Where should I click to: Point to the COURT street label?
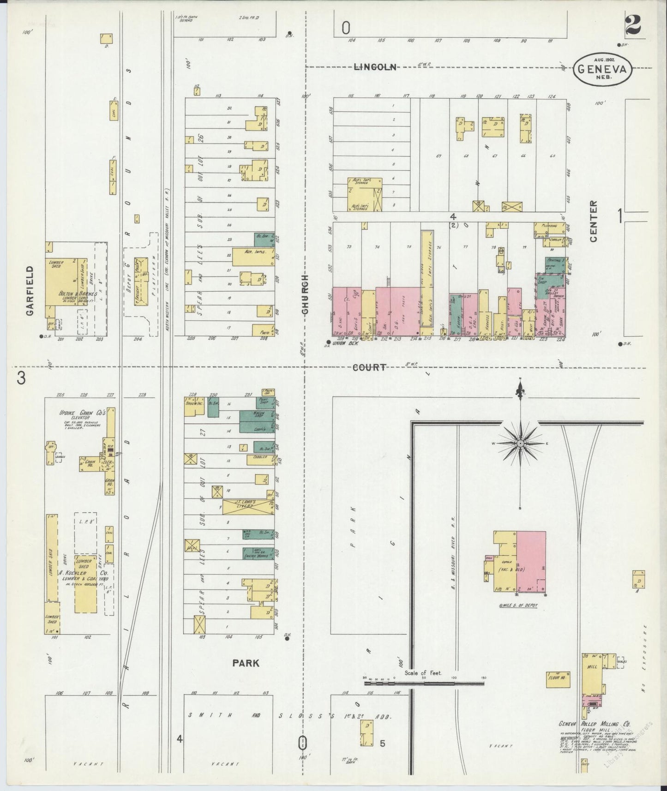pyautogui.click(x=369, y=368)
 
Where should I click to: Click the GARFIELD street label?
pyautogui.click(x=30, y=290)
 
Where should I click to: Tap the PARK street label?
pyautogui.click(x=246, y=663)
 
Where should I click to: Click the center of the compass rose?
pyautogui.click(x=520, y=443)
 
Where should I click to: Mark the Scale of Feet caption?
pyautogui.click(x=423, y=673)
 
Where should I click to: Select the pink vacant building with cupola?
pyautogui.click(x=531, y=561)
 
